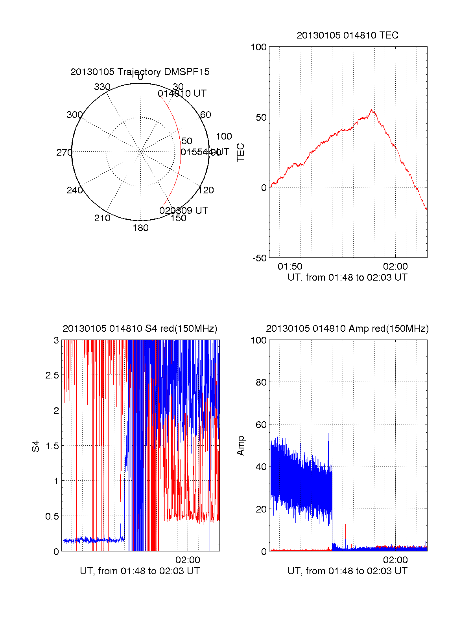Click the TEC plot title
347,35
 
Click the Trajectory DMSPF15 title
140,72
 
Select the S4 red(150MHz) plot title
140,329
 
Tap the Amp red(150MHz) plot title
347,329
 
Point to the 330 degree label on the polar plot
102,87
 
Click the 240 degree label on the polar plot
75,190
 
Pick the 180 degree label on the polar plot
140,228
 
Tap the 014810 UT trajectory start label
182,94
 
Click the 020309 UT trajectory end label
184,211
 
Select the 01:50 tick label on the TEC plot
290,266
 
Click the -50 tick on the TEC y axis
260,258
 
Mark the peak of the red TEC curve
372,110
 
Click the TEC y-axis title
241,152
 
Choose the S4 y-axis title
36,446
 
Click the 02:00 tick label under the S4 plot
188,560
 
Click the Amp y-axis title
241,446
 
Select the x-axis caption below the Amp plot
347,571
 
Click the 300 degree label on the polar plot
75,115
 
